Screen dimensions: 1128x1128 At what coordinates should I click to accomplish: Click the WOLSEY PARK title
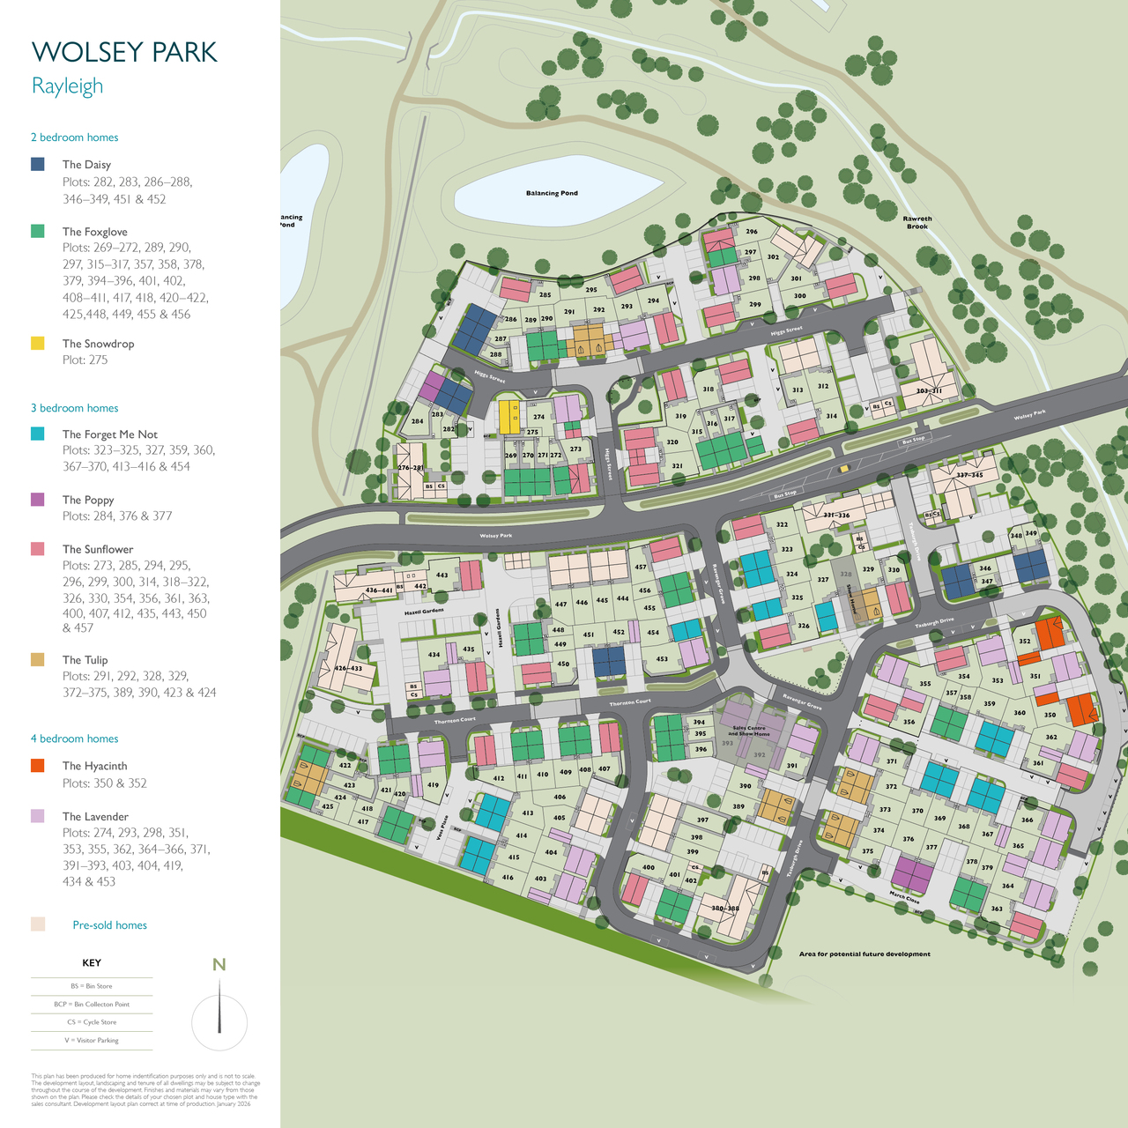point(124,52)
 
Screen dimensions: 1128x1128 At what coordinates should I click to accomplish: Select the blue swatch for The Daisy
point(38,164)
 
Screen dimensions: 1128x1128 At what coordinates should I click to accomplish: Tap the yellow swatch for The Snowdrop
point(38,343)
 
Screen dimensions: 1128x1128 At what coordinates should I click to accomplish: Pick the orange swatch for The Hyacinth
point(38,766)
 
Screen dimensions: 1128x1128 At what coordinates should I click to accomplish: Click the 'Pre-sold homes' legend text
point(109,925)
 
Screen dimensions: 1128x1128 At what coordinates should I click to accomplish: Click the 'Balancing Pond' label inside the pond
point(552,193)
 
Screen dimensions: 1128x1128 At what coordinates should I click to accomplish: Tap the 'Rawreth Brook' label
point(917,223)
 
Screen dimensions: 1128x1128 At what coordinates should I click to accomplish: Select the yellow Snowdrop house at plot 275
point(509,417)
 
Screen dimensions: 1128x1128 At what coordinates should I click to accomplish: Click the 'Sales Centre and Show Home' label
point(750,731)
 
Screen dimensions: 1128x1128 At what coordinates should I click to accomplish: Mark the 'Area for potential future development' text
point(865,954)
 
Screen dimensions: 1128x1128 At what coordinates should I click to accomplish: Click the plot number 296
point(752,232)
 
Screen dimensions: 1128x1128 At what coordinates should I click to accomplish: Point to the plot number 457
point(641,568)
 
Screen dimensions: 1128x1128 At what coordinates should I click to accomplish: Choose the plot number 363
point(997,909)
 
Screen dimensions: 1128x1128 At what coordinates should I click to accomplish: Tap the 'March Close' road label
point(904,898)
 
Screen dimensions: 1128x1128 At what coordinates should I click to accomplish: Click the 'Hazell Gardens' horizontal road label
point(424,611)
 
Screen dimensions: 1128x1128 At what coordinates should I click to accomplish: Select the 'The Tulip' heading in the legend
point(85,660)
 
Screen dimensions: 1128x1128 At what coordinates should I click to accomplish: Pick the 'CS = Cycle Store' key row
point(92,1022)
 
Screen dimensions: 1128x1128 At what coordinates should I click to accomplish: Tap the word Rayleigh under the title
point(67,86)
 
